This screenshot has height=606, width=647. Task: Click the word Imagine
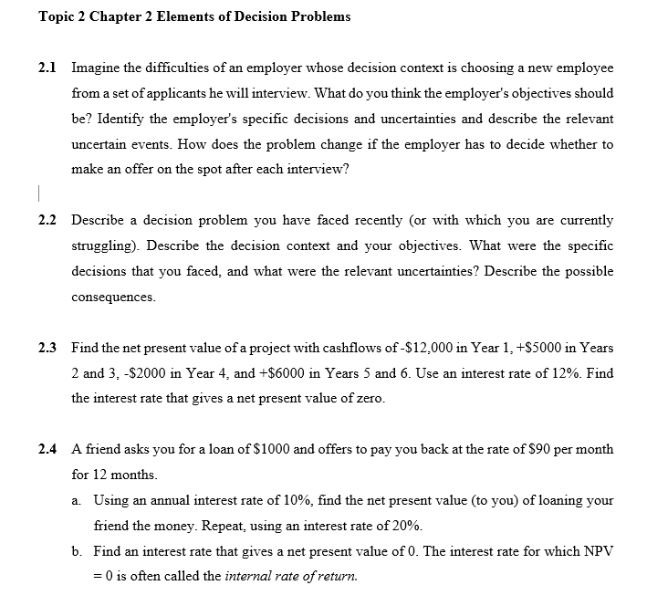point(98,68)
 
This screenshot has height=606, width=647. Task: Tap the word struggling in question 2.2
point(105,246)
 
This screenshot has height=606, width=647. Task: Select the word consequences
point(113,298)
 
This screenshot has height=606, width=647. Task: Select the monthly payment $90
point(524,449)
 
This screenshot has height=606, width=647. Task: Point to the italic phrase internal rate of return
point(291,577)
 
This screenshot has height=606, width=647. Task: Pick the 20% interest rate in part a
point(406,526)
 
